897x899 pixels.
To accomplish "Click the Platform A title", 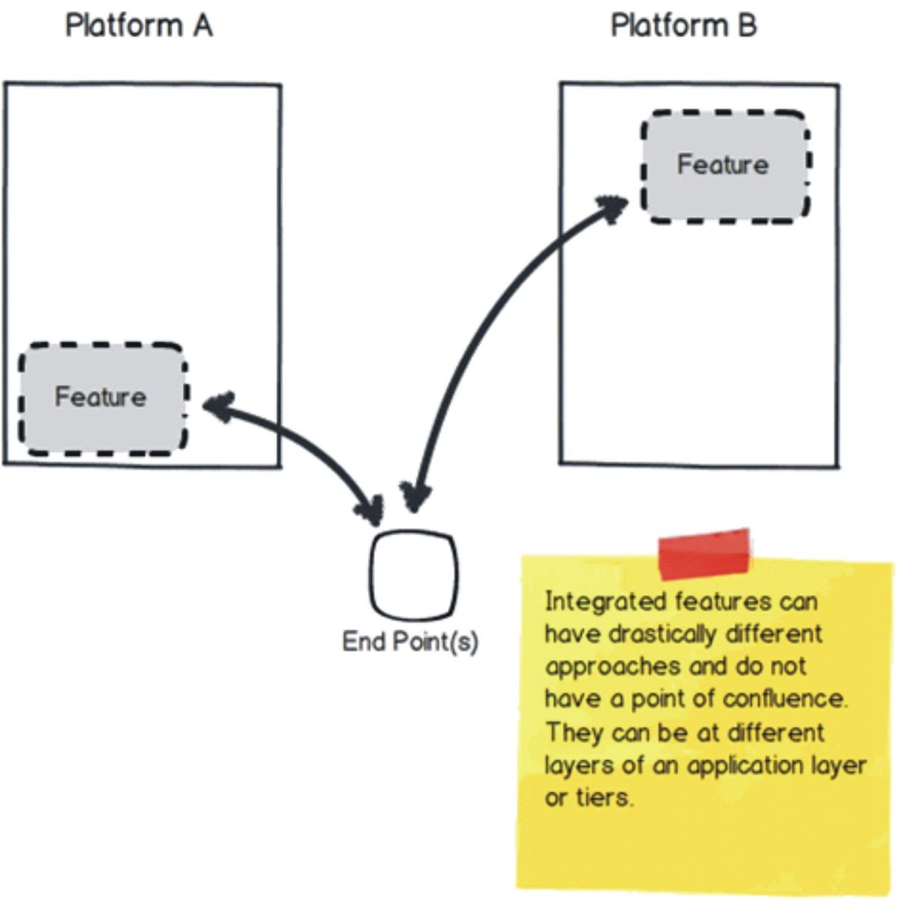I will [x=139, y=25].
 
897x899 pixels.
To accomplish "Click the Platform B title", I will [x=683, y=25].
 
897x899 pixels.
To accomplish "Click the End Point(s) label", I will [x=410, y=641].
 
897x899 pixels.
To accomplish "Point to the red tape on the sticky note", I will [x=703, y=554].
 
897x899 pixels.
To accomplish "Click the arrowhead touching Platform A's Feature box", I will [x=218, y=406].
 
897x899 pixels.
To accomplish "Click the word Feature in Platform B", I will [x=722, y=164].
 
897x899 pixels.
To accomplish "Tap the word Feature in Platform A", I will [x=100, y=396].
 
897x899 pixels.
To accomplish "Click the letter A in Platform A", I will [x=203, y=25].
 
